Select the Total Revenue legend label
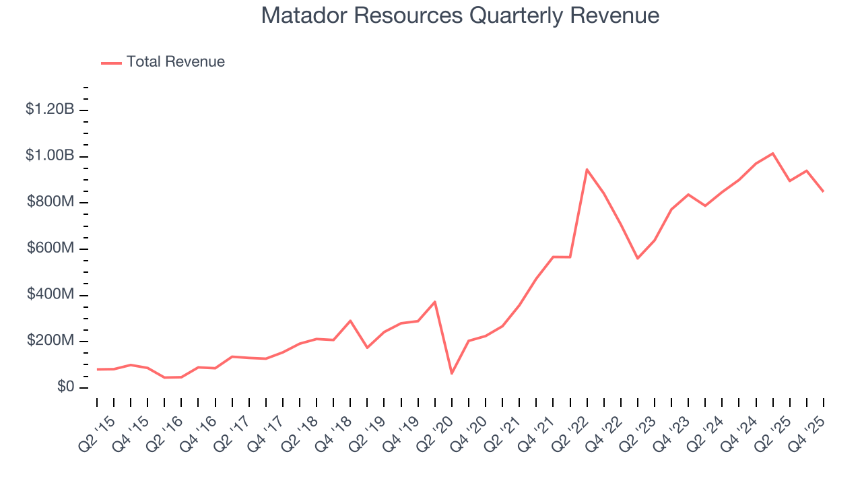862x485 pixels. point(176,62)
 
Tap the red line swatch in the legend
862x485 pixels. point(111,63)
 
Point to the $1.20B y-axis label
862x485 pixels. point(49,109)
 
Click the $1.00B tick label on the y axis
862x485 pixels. point(49,156)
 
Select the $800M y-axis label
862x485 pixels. point(50,202)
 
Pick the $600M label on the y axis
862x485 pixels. point(50,249)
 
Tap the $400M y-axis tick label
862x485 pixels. point(50,295)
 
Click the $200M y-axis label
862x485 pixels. point(50,341)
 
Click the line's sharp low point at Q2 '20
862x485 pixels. point(452,373)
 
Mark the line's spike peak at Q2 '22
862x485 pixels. point(587,169)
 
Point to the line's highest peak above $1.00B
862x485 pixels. point(772,154)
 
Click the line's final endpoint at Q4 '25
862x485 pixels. point(823,191)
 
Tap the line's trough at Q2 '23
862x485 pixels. point(638,258)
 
